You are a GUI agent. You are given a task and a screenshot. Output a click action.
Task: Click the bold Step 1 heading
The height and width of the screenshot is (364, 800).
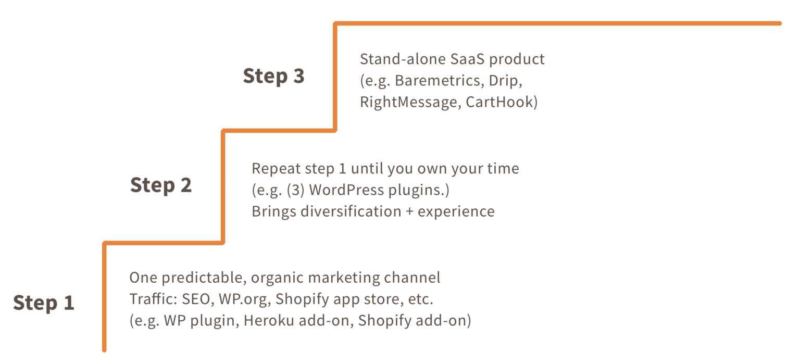point(44,303)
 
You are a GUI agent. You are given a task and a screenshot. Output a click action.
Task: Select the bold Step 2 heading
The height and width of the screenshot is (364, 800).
point(161,185)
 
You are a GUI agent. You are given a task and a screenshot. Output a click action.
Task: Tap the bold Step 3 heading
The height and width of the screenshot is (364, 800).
point(273,76)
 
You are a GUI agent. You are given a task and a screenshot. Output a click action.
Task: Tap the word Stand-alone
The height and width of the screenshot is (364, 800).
point(403,59)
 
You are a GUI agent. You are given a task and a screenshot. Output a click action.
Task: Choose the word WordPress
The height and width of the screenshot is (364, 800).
point(346,190)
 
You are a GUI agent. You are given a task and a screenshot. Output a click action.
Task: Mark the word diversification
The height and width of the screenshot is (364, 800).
point(351,211)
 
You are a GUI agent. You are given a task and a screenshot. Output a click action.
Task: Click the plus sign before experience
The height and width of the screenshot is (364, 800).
point(410,212)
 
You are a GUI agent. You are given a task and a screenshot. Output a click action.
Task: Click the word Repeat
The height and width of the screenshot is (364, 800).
point(276,169)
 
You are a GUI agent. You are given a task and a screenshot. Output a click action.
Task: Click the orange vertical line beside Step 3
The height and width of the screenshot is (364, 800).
point(335,77)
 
